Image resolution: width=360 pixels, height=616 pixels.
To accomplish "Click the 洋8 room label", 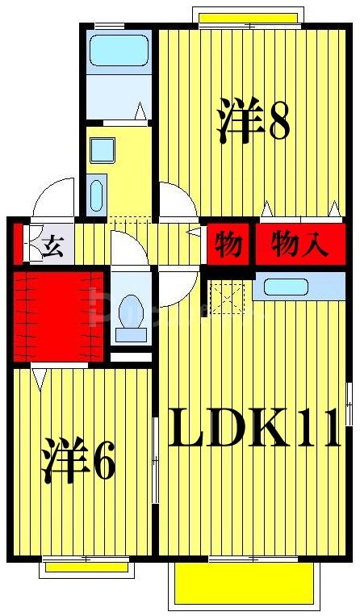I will tap(253, 121).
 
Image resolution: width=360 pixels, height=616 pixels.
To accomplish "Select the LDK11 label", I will tap(254, 430).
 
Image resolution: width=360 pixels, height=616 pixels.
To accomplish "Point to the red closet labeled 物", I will tap(229, 245).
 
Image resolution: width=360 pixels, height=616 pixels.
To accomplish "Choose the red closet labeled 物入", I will tap(299, 244).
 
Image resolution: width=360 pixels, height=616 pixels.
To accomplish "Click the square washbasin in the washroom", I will tap(103, 149).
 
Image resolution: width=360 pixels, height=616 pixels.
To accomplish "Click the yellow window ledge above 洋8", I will tap(248, 17).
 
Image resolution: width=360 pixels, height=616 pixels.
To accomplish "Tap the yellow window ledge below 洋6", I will tap(86, 568).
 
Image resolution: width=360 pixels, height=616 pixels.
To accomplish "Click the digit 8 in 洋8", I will tap(278, 121).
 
